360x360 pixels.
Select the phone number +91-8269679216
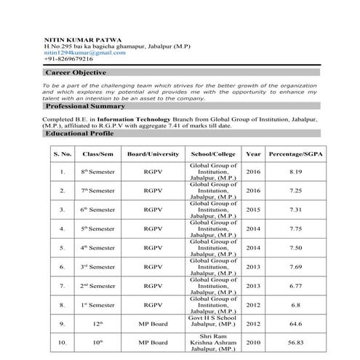pyautogui.click(x=68, y=59)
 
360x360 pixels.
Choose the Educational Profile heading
pyautogui.click(x=79, y=134)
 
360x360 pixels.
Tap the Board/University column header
pyautogui.click(x=153, y=154)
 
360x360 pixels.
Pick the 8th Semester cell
pyautogui.click(x=97, y=172)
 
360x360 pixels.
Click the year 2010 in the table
pyautogui.click(x=253, y=342)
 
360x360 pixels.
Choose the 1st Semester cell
pyautogui.click(x=97, y=304)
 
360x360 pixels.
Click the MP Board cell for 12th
pyautogui.click(x=153, y=322)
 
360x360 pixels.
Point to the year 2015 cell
pyautogui.click(x=253, y=209)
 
